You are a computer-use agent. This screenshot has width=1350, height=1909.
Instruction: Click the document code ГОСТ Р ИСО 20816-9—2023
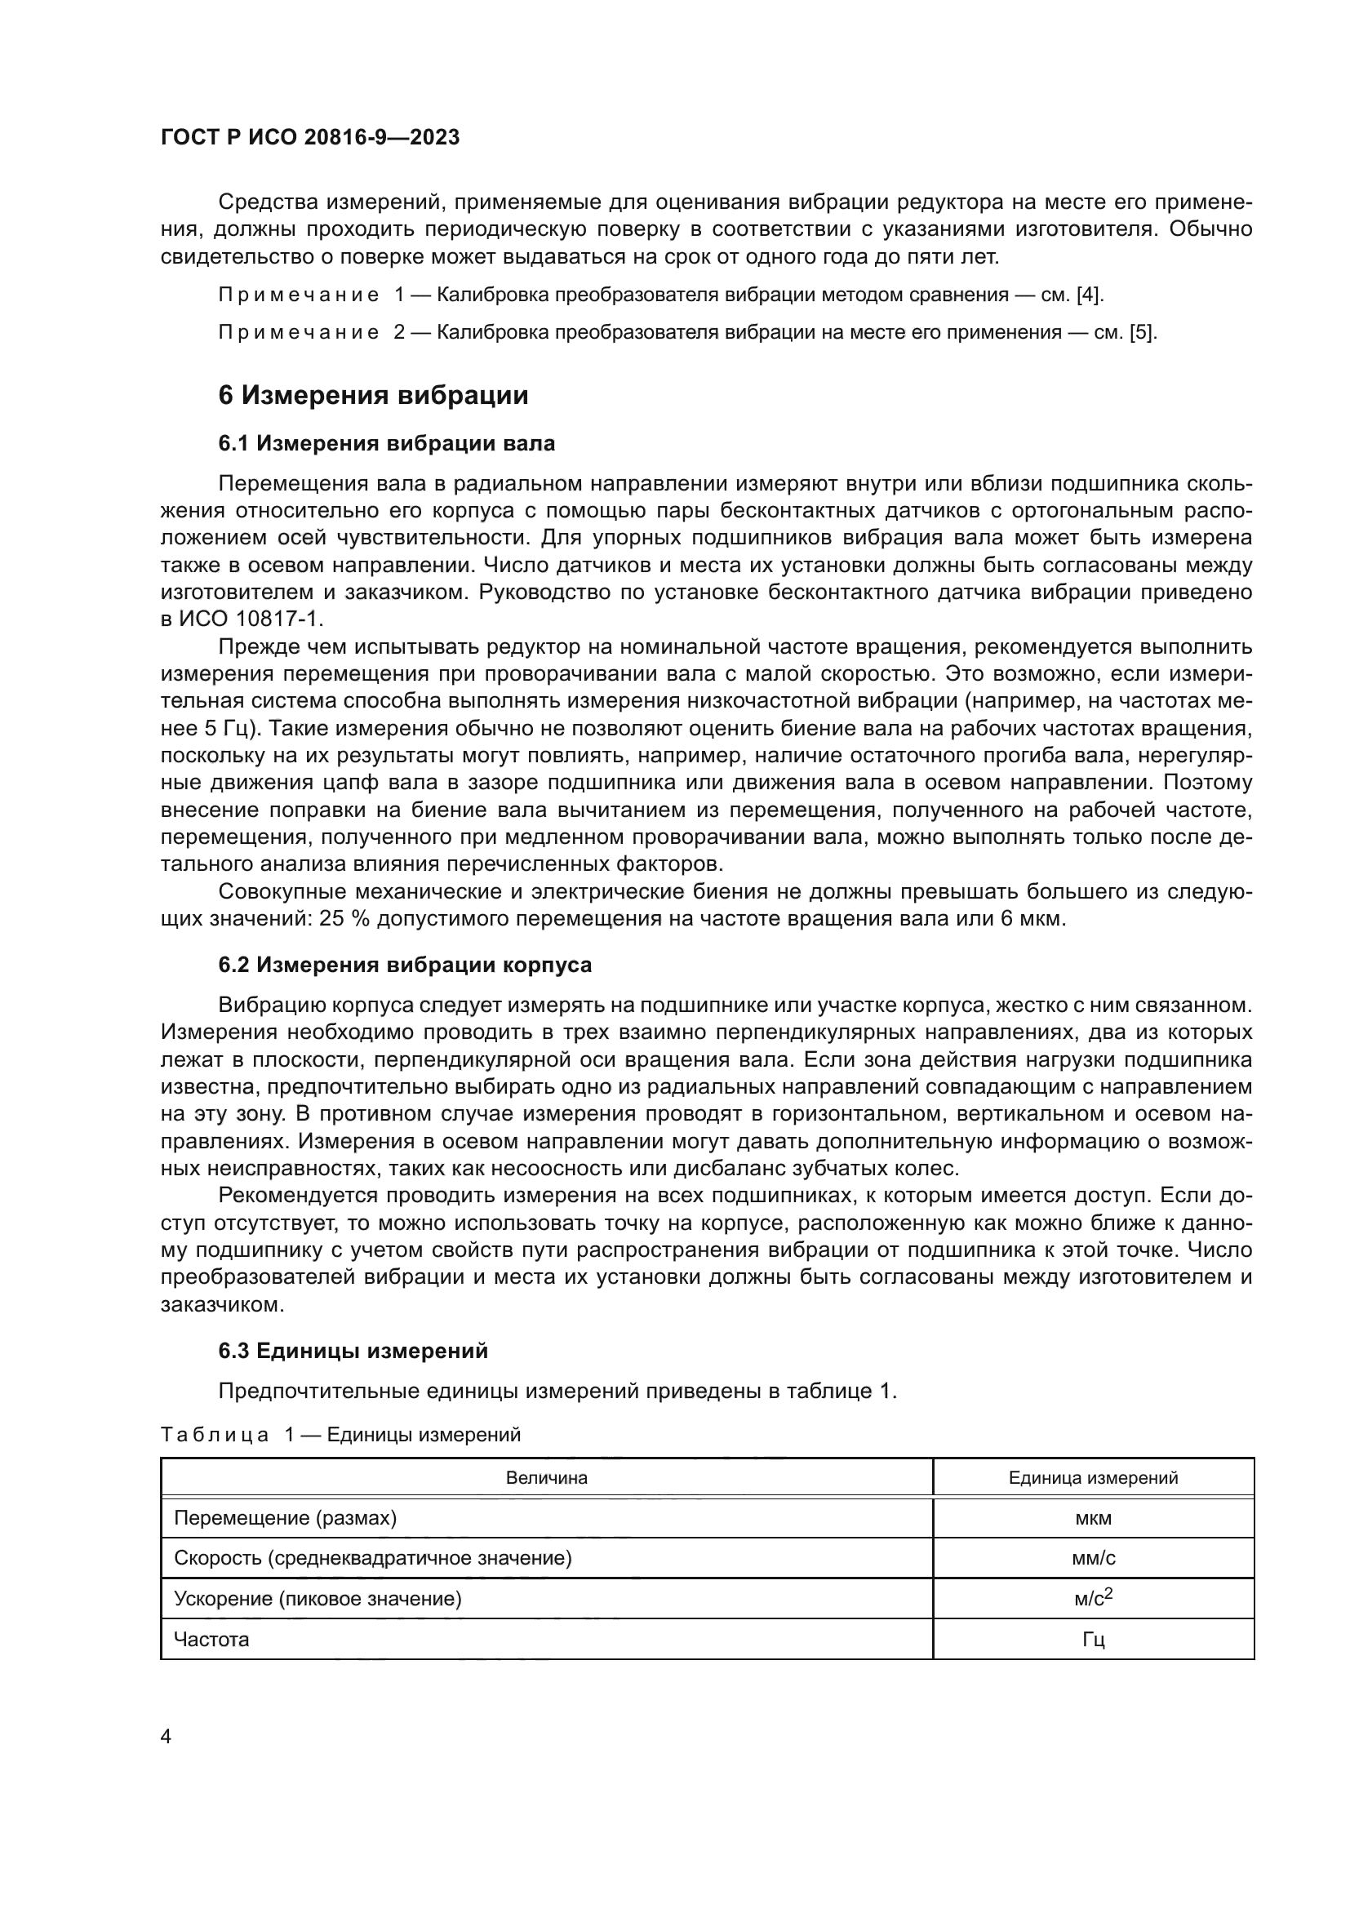[309, 138]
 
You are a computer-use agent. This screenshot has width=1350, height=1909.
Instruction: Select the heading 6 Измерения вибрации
[373, 395]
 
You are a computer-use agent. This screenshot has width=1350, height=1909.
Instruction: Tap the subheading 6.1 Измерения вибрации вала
[387, 444]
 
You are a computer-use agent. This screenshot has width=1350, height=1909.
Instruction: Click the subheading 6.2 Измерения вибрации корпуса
[405, 965]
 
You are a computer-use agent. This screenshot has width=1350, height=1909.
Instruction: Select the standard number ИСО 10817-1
[251, 619]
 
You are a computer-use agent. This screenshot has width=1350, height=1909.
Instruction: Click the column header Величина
[546, 1477]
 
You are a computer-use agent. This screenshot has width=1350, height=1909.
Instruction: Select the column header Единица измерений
[1093, 1477]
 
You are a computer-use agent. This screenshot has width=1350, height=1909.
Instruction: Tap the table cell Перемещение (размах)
[285, 1518]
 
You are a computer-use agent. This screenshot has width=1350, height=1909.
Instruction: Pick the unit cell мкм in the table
[1093, 1518]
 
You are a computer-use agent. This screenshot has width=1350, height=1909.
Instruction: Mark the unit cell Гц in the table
[1093, 1640]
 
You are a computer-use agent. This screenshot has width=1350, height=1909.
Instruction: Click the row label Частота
[211, 1640]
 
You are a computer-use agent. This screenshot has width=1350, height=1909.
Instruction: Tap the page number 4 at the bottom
[166, 1737]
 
